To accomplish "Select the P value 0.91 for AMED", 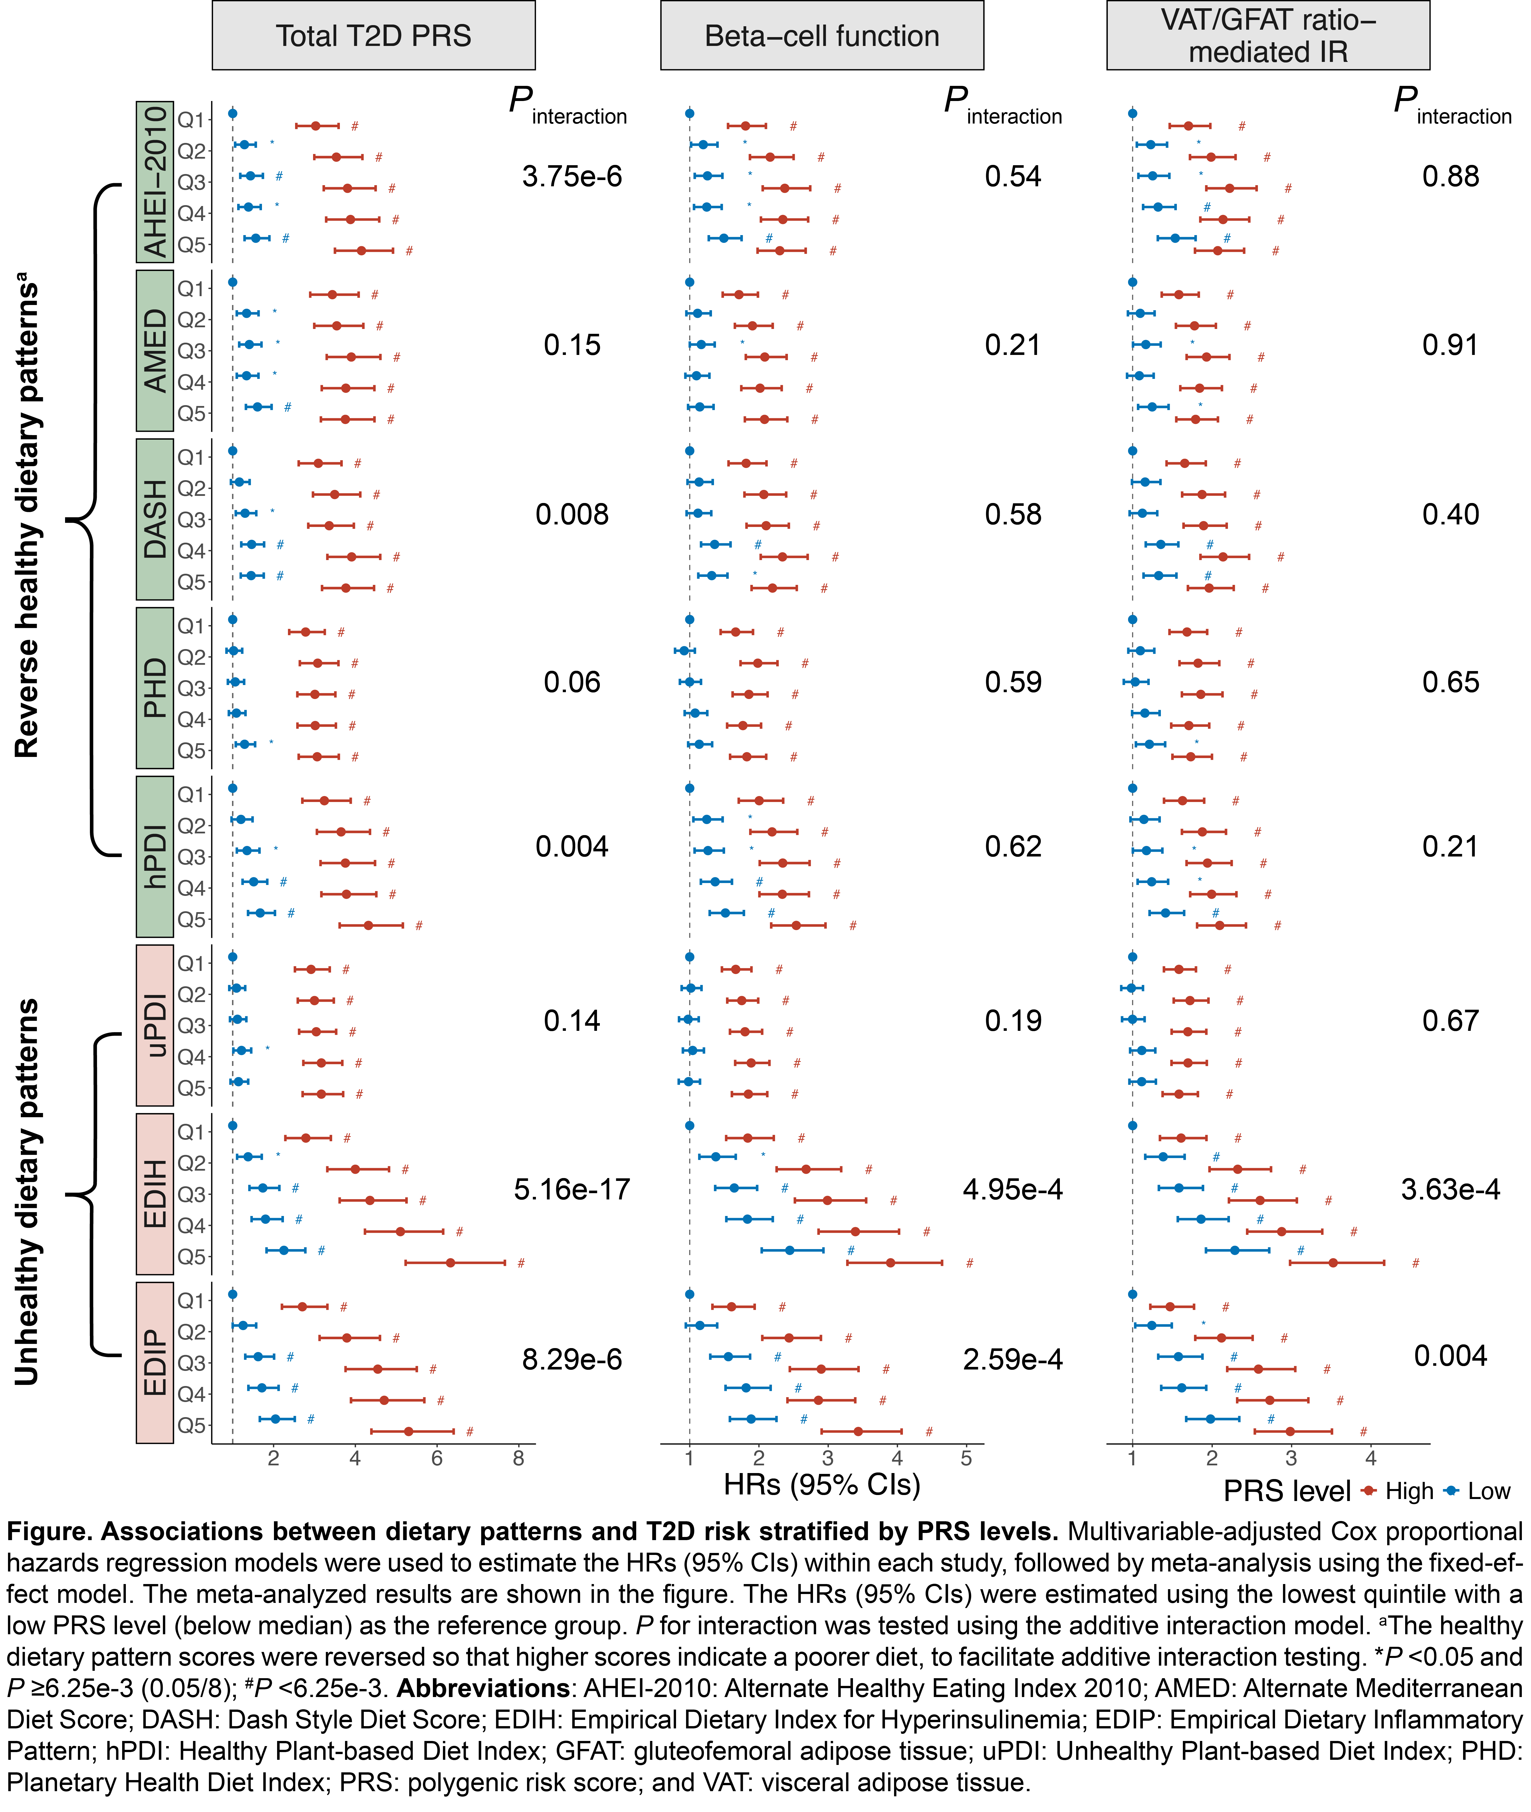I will [1449, 346].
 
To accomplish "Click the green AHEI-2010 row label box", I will [154, 182].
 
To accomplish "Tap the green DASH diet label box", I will [154, 519].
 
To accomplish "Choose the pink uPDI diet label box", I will [154, 1025].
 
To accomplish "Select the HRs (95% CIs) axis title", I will [822, 1485].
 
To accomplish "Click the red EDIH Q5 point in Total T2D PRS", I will [450, 1263].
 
